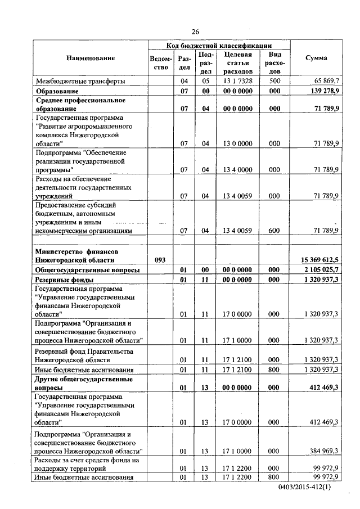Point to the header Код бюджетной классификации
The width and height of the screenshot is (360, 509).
(x=219, y=45)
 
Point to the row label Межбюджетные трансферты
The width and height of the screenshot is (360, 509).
(x=80, y=81)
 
